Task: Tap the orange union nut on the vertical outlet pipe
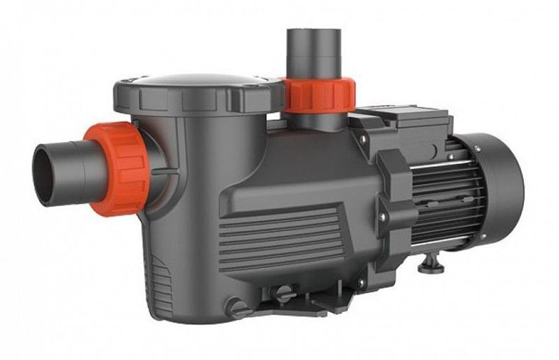click(319, 95)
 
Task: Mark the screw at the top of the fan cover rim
click(477, 149)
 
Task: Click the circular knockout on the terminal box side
click(434, 149)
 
